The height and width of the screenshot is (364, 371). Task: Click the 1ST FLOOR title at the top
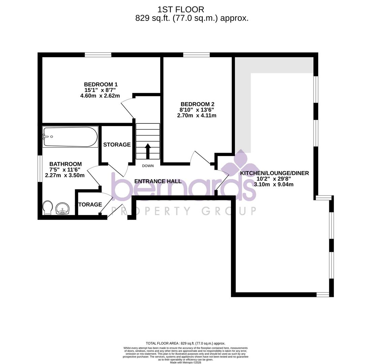(180, 9)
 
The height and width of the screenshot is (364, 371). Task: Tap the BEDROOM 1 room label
(101, 84)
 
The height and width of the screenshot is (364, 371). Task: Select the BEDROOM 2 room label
(197, 104)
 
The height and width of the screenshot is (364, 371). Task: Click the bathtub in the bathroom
(70, 137)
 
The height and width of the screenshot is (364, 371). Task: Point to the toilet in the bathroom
(48, 208)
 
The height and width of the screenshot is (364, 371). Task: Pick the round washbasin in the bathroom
(62, 209)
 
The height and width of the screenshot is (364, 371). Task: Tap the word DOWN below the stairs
(148, 166)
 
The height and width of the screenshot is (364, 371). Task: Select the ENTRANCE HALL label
(158, 181)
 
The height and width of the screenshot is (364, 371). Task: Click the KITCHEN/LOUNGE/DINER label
(274, 173)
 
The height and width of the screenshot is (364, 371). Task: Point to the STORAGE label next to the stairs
(117, 145)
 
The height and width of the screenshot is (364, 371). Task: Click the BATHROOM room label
(65, 164)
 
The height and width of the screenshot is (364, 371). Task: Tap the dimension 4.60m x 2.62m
(100, 96)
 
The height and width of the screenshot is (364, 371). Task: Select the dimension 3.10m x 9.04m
(274, 184)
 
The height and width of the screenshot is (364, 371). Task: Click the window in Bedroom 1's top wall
(98, 55)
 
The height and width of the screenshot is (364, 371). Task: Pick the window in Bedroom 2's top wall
(196, 55)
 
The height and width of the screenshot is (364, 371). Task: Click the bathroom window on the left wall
(40, 169)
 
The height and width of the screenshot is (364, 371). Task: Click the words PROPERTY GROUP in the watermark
(183, 211)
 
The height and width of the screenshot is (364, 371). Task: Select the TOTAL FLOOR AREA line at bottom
(185, 343)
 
